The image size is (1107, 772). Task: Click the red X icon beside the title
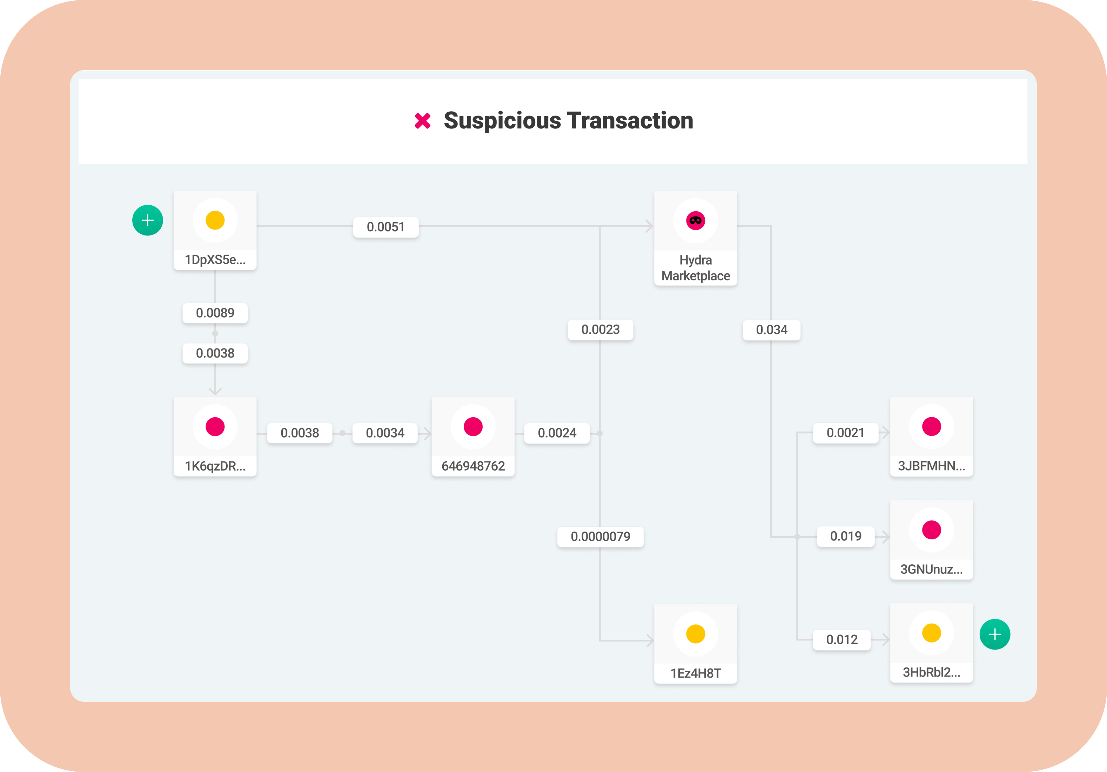[422, 121]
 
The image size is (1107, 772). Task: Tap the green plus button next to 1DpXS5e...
[148, 220]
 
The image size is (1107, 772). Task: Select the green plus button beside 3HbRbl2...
[995, 634]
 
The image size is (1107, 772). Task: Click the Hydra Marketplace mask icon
[695, 220]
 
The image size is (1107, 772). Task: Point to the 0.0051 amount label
[386, 227]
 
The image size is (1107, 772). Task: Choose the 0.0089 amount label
[215, 313]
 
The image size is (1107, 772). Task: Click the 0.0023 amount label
[600, 330]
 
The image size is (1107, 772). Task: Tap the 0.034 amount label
[771, 330]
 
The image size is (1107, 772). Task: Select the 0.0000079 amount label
[600, 536]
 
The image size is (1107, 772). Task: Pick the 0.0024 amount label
[557, 433]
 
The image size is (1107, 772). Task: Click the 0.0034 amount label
[385, 433]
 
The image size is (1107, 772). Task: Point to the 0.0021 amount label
[846, 433]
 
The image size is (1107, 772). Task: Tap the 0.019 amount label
[846, 536]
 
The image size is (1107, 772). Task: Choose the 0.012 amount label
[842, 639]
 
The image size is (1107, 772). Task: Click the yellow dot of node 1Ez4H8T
[695, 634]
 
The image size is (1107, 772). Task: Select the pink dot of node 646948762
[473, 427]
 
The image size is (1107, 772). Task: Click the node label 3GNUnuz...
[932, 570]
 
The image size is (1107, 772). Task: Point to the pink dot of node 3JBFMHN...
[932, 427]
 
